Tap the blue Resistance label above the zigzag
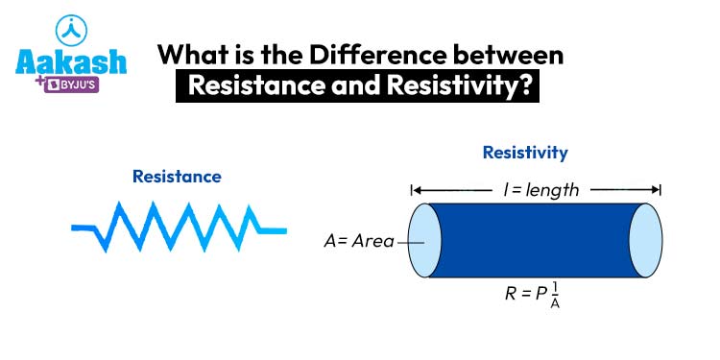click(x=177, y=176)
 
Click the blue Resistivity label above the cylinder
click(x=524, y=153)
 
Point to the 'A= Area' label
click(x=358, y=242)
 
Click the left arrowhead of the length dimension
click(x=416, y=189)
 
